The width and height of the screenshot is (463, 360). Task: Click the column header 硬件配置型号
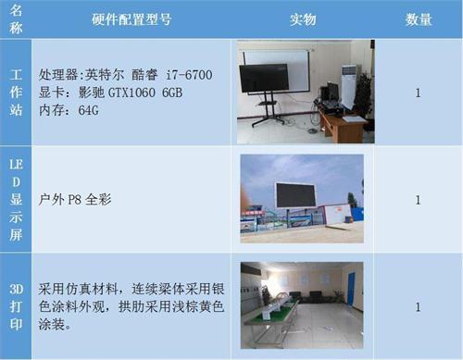131,19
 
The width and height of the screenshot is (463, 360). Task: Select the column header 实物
303,19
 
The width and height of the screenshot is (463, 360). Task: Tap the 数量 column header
418,19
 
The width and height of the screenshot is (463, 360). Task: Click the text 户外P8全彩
76,199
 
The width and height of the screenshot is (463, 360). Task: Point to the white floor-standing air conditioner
347,88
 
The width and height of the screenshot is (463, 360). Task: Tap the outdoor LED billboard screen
295,195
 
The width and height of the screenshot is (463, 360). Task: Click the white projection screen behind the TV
287,60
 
